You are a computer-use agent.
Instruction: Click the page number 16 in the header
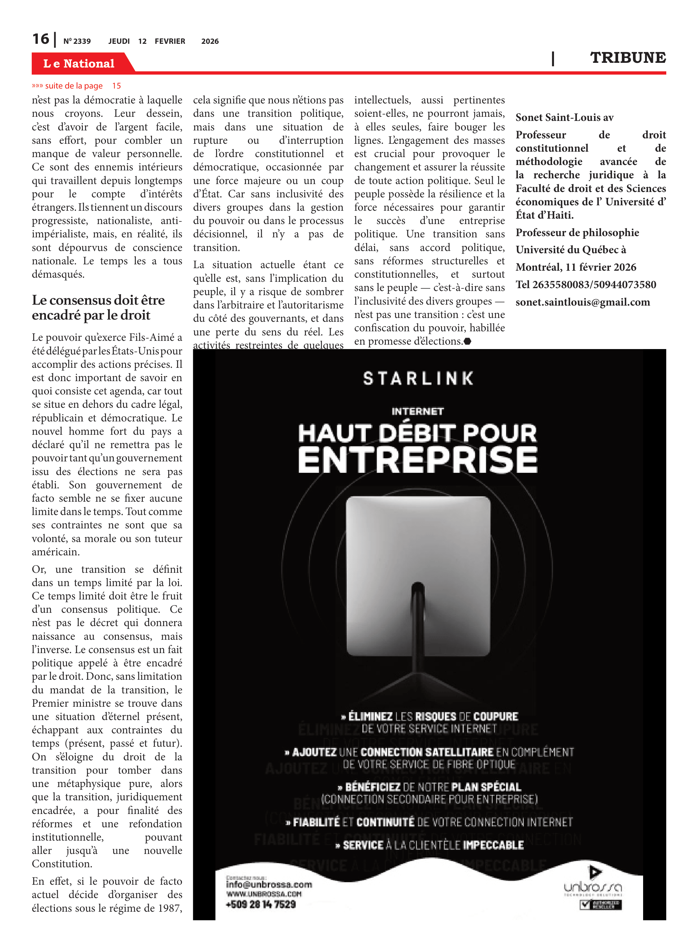tap(41, 39)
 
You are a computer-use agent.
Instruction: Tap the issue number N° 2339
tap(77, 41)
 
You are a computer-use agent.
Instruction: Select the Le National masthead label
tap(79, 63)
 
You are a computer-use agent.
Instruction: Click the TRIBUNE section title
tap(628, 58)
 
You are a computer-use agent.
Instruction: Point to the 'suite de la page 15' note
tap(76, 86)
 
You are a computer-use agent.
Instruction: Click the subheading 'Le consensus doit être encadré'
tap(98, 307)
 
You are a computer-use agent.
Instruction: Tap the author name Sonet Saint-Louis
tap(564, 117)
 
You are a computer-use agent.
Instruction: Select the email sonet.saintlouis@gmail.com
tap(582, 302)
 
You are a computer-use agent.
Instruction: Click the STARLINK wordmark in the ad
tap(418, 379)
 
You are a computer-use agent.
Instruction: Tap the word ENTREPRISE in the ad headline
tap(418, 460)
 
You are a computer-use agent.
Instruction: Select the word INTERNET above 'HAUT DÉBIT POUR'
tap(418, 411)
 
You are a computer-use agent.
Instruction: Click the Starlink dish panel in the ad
tap(418, 575)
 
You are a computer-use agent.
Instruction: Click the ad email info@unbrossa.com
tap(269, 884)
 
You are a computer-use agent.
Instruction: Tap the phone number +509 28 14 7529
tap(261, 904)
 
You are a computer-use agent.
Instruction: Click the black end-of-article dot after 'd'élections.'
tap(467, 341)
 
